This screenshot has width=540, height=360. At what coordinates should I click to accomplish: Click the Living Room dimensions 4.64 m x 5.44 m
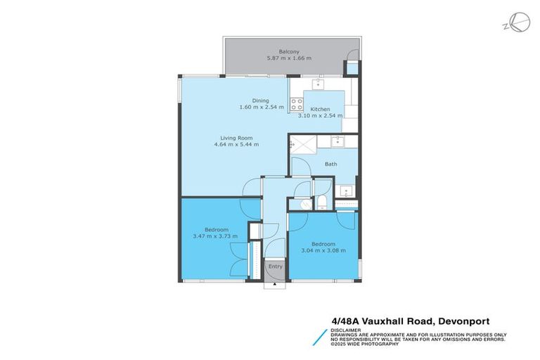click(x=236, y=144)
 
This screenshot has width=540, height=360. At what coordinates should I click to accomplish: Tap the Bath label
click(x=330, y=164)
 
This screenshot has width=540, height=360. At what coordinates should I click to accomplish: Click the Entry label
click(x=275, y=266)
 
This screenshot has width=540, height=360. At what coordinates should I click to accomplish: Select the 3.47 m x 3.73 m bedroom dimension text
click(x=215, y=236)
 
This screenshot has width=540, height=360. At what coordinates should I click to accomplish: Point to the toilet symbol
click(x=320, y=202)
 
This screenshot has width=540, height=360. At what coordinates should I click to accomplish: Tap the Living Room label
click(x=236, y=137)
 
